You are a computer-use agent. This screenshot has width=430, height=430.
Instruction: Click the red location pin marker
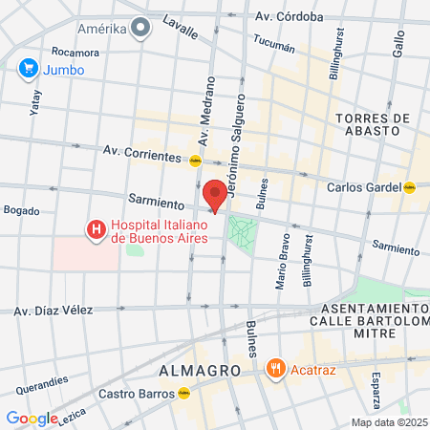click(216, 194)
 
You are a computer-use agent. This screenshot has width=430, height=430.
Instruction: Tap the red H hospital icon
click(96, 229)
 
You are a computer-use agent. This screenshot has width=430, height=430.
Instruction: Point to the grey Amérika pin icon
click(141, 28)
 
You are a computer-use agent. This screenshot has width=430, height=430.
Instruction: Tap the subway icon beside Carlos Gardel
click(409, 187)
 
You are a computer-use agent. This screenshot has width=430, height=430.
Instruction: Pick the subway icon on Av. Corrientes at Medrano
click(195, 161)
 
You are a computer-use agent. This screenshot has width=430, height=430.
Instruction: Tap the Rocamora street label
click(75, 52)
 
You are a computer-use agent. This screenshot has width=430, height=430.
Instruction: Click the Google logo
click(32, 419)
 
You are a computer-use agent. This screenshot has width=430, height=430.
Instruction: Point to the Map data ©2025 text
click(389, 422)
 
